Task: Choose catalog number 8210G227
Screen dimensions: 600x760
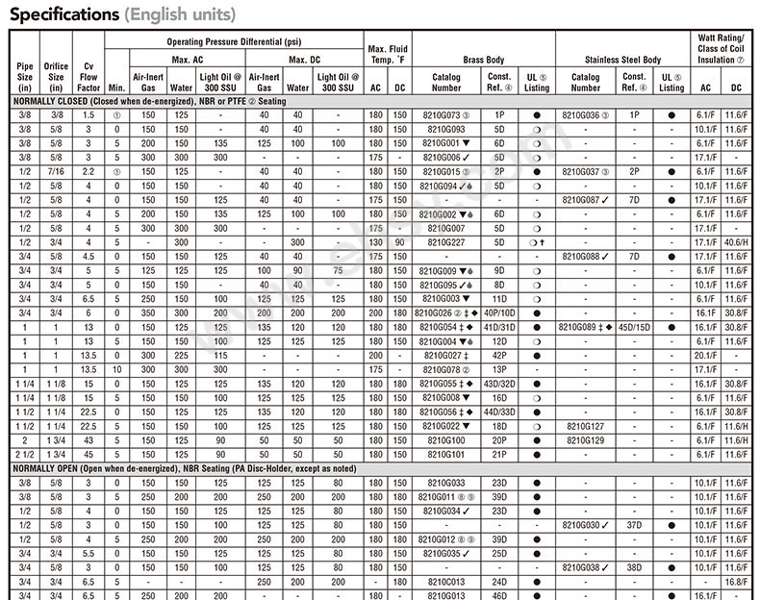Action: pos(443,242)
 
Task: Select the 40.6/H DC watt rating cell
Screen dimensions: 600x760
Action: pos(736,242)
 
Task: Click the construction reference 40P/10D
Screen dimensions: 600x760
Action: pos(499,313)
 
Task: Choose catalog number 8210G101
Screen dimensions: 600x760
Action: pos(443,454)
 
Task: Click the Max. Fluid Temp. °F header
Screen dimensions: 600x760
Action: pos(389,54)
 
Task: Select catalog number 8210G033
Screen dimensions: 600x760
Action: pos(443,482)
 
